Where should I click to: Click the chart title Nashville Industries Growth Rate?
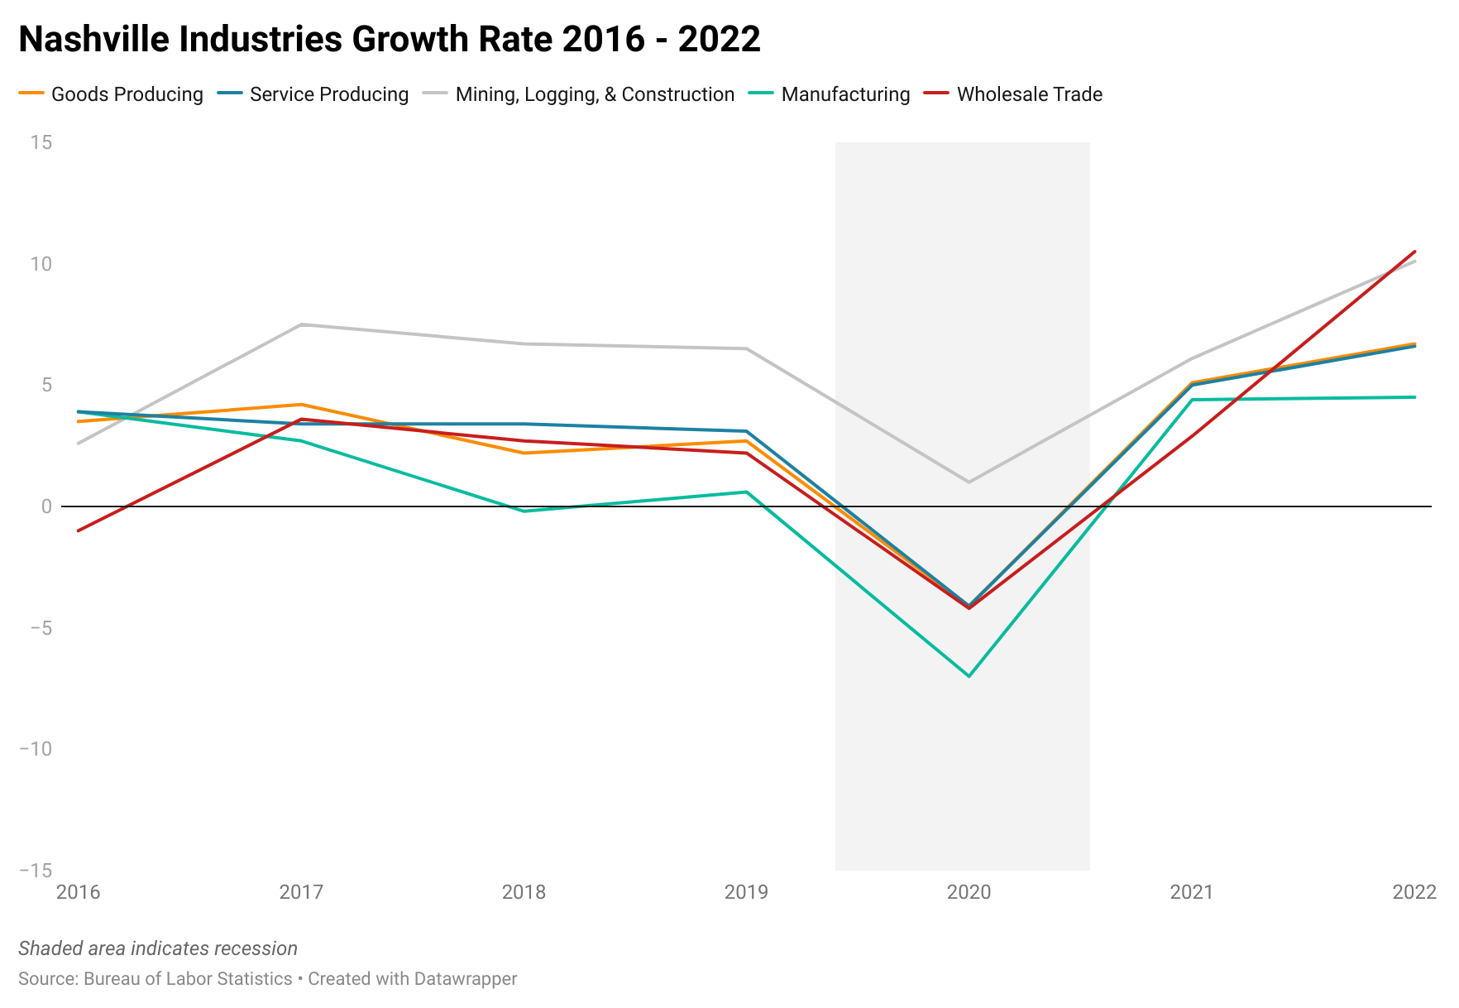coord(389,39)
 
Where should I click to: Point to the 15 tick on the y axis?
coord(41,142)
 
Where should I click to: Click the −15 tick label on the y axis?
coord(36,871)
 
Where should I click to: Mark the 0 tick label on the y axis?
coord(46,506)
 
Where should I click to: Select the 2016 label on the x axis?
coord(78,892)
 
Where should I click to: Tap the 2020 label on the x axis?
coord(969,892)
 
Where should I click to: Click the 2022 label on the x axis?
coord(1414,892)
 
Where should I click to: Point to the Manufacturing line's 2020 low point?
coord(969,676)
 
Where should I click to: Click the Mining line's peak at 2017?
coord(301,324)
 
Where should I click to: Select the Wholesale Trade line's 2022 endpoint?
coord(1415,252)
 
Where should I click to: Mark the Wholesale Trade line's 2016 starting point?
coord(78,530)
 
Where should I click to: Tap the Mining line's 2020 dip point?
coord(969,482)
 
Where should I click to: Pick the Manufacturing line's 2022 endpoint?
coord(1415,397)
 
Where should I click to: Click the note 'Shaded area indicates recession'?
coord(158,948)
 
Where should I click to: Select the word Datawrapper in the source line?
coord(466,979)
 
